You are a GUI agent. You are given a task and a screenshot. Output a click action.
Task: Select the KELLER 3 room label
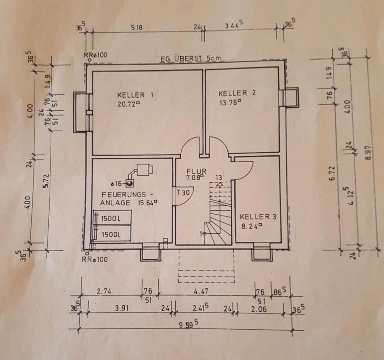coord(258,217)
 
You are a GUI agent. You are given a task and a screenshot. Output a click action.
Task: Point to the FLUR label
coord(196,171)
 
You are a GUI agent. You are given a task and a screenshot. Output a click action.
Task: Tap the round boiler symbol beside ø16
coord(130,183)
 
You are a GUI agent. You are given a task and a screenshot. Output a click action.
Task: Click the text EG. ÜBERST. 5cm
coord(190,59)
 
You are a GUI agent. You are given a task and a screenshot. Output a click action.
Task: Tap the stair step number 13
coord(218,177)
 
